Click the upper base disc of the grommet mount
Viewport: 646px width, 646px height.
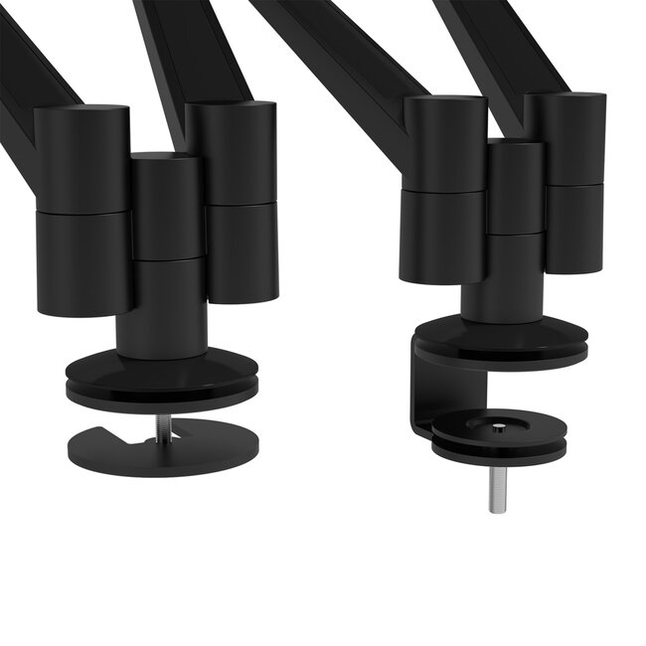click(x=161, y=375)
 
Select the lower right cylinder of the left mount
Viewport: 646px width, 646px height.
click(x=242, y=252)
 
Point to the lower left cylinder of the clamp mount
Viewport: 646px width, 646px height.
click(x=443, y=235)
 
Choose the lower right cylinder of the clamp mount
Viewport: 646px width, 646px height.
click(x=573, y=228)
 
